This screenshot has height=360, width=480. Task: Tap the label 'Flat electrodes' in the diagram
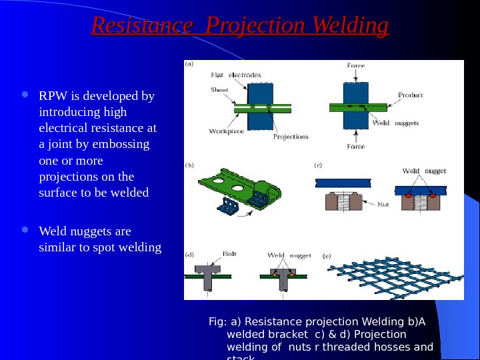(x=235, y=75)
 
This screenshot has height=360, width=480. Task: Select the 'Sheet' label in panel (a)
(x=219, y=89)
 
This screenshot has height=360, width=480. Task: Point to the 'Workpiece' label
(x=227, y=131)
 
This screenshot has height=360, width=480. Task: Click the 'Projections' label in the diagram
(x=291, y=137)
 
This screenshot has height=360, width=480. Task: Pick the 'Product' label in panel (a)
(x=410, y=95)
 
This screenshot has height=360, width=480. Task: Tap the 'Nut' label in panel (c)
(x=383, y=205)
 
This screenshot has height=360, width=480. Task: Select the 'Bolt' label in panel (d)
(x=229, y=254)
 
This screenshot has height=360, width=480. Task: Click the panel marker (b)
(x=189, y=164)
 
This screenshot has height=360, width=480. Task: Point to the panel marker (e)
(x=327, y=255)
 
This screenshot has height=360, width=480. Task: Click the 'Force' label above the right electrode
(x=356, y=65)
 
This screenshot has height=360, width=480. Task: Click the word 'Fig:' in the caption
(x=218, y=322)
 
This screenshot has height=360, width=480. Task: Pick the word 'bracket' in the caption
(x=284, y=335)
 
